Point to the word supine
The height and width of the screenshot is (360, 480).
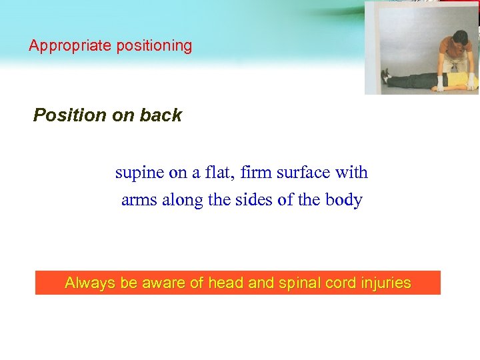click(140, 173)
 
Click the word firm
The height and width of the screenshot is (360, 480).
click(257, 172)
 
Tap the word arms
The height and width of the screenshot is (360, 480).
click(139, 200)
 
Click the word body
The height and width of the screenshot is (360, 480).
click(345, 200)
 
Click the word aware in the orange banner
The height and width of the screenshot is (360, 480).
click(163, 283)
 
